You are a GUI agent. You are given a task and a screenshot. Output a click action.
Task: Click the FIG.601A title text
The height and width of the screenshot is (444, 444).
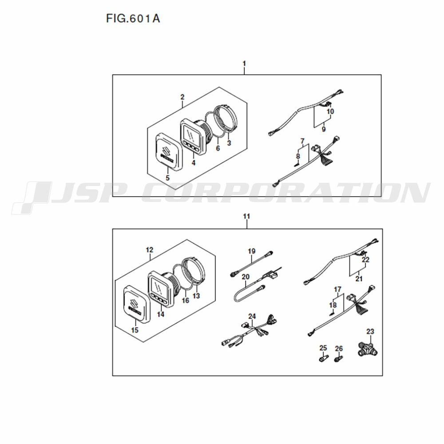click(x=133, y=18)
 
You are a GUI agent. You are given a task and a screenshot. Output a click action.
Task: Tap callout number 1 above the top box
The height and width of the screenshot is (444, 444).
click(x=244, y=63)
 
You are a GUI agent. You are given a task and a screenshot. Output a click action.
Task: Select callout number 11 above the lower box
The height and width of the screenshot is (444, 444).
click(x=246, y=216)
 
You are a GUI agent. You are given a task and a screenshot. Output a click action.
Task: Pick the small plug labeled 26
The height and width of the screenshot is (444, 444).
click(x=338, y=358)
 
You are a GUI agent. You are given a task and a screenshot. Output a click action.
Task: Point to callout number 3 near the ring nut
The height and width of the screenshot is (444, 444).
click(x=229, y=143)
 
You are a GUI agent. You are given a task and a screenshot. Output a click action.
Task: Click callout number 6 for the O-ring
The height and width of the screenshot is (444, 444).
click(x=218, y=148)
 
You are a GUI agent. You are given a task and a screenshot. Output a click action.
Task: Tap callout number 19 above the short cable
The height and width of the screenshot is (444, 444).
click(x=251, y=251)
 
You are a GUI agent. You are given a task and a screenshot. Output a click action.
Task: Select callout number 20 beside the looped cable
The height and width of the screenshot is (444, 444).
click(x=246, y=277)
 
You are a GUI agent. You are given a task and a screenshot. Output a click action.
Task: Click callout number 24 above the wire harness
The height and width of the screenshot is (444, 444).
click(x=252, y=316)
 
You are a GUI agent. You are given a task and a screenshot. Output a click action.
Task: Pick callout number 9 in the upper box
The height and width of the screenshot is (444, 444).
click(x=324, y=129)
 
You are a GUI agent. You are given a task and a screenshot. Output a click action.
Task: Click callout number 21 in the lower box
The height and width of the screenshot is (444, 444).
click(x=359, y=279)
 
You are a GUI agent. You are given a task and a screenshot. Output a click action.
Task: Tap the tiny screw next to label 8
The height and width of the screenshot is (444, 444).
click(x=297, y=163)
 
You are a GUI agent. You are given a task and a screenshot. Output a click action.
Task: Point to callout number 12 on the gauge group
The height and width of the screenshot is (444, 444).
click(x=150, y=250)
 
